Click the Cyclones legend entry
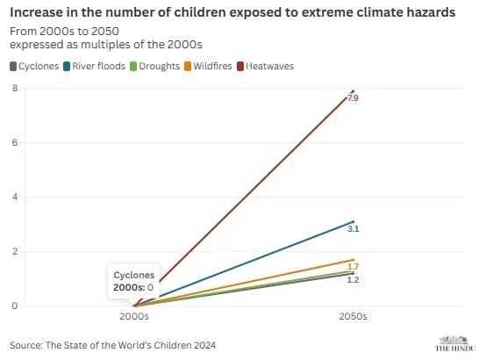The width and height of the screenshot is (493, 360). [34, 66]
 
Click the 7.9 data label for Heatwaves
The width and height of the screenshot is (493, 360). [353, 99]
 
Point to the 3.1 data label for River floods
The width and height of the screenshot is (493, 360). [353, 229]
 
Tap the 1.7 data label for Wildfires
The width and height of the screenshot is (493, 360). [353, 266]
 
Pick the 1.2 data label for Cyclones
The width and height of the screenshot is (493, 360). [353, 279]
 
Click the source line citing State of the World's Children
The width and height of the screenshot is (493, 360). [112, 344]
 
